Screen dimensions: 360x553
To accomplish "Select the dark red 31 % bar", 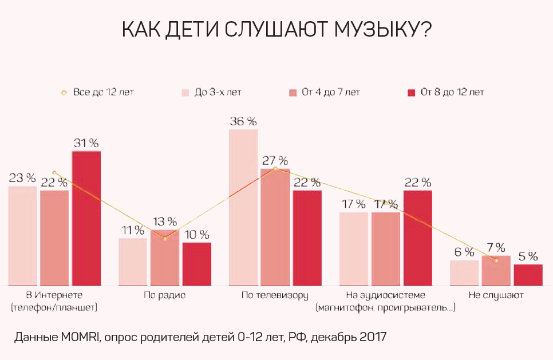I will pos(86,218).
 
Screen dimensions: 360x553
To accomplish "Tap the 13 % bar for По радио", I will pos(165,258).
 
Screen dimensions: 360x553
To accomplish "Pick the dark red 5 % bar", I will pos(528,275).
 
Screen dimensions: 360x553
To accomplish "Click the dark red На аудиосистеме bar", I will pos(417,238).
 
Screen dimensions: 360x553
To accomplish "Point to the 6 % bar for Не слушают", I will pos(464,272).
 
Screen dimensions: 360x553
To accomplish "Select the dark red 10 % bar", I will pos(197,264).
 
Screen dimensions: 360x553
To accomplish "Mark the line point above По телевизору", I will pos(275,169).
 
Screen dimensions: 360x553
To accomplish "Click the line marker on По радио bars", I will pos(165,238).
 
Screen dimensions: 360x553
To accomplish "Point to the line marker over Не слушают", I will pos(496,260).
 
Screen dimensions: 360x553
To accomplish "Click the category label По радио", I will pos(165,296).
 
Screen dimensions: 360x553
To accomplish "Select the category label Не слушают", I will pos(496,296).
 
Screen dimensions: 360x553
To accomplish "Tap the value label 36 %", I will pos(243,121).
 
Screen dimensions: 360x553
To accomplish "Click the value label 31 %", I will pos(86,143).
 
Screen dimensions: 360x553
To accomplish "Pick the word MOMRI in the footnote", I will pos(80,337).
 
